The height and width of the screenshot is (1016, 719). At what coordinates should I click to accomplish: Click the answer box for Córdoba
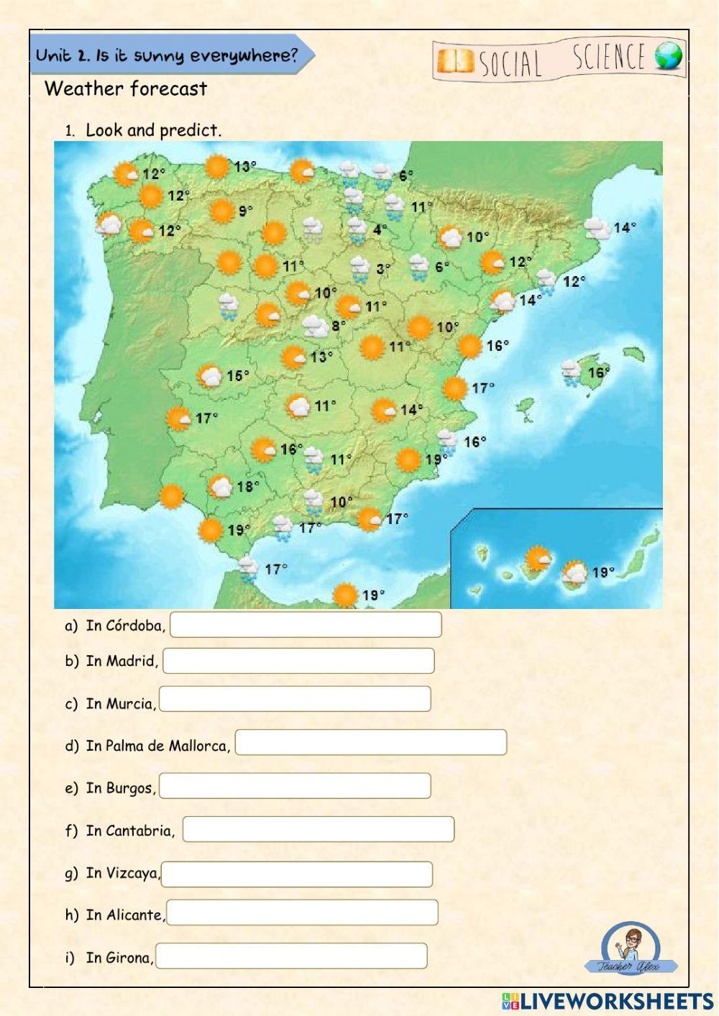point(306,625)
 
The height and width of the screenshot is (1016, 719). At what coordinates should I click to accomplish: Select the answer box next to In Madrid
point(298,661)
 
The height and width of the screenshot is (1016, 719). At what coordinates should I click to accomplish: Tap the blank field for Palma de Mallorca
point(371,742)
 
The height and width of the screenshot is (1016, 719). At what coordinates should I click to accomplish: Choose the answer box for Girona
point(291,956)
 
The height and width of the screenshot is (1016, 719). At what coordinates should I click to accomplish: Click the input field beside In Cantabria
point(319,829)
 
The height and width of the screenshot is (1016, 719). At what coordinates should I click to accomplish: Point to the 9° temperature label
point(246,211)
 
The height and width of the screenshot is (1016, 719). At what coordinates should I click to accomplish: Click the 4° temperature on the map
point(380,230)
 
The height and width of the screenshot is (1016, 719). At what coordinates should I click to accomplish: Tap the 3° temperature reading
point(383,270)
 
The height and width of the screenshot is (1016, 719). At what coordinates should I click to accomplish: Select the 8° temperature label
point(338,326)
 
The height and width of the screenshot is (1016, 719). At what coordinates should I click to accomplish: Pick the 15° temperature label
point(238,376)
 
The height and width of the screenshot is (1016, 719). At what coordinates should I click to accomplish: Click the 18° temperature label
point(248,487)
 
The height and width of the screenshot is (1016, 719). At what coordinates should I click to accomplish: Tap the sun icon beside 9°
point(222,211)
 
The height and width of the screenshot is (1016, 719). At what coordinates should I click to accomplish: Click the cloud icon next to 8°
point(315,327)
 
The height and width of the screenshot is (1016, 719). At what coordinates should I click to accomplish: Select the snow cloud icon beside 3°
point(359,270)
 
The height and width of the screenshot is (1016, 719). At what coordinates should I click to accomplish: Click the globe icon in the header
point(669,57)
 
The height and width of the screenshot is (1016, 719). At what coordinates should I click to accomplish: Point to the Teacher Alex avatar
point(630,948)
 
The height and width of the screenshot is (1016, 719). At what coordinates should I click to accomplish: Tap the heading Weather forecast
point(126,89)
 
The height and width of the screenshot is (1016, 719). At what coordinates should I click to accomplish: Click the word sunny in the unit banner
point(158,56)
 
